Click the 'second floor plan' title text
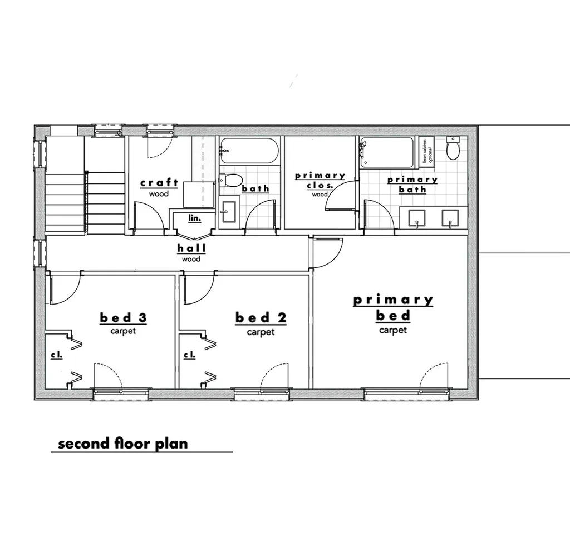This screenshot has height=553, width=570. click(123, 444)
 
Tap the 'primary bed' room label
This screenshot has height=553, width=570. click(393, 308)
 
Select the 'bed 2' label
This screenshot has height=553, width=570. click(261, 318)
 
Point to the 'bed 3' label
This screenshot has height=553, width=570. click(123, 318)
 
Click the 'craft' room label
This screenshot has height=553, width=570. click(159, 183)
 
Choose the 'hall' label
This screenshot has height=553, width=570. click(191, 248)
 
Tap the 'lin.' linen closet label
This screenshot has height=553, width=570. click(194, 218)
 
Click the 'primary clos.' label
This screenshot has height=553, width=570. click(320, 181)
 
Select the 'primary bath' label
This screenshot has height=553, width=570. click(412, 185)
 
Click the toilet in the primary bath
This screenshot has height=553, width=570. click(454, 149)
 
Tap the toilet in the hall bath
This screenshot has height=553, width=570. click(232, 180)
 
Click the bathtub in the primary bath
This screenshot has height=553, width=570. click(387, 152)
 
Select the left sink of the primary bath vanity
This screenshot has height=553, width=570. click(417, 218)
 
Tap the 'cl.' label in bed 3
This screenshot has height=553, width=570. click(57, 354)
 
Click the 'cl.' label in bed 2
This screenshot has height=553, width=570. click(190, 354)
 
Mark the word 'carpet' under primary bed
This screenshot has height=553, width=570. click(393, 330)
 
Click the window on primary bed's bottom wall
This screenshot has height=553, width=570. click(407, 393)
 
